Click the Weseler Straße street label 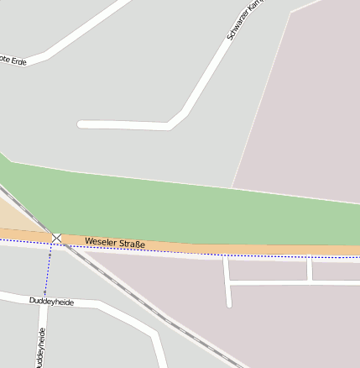coord(115,244)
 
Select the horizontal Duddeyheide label coord(51,301)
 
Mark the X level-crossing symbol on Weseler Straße coord(56,239)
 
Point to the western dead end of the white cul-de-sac coord(81,124)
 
